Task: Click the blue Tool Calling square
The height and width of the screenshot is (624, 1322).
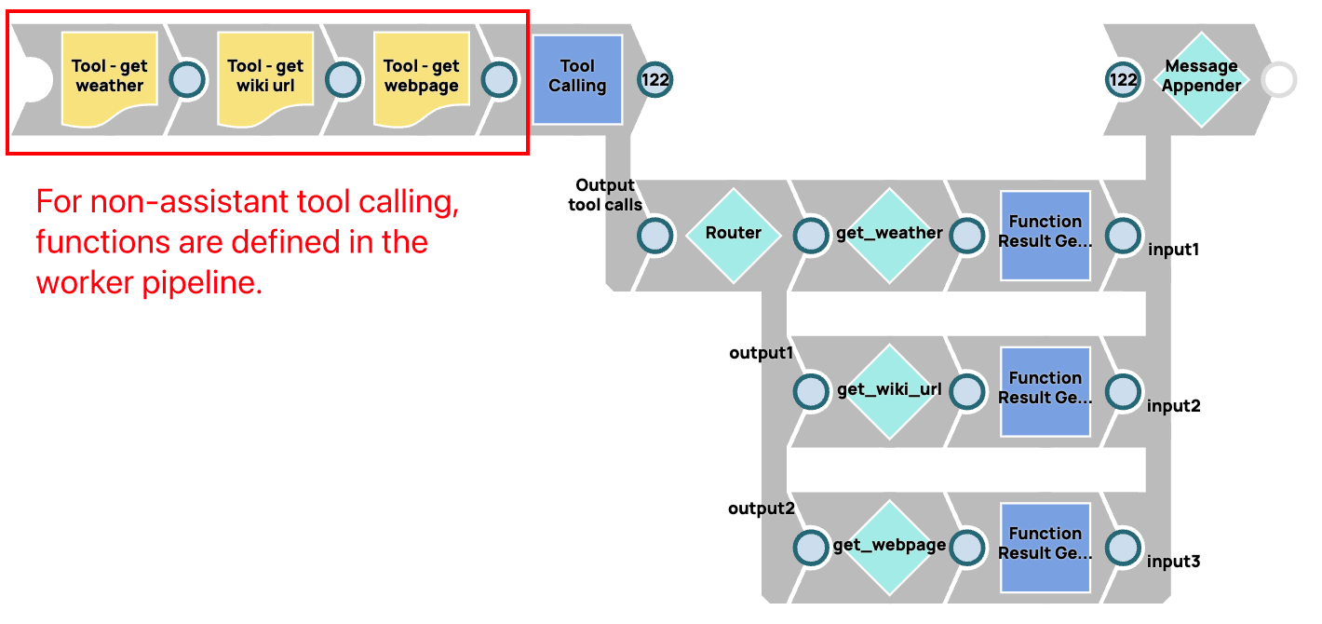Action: [x=577, y=79]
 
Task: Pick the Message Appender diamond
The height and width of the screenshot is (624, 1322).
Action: [x=1202, y=79]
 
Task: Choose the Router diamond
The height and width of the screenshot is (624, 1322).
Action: [x=734, y=235]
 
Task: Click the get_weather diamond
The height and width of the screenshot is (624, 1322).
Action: [x=889, y=235]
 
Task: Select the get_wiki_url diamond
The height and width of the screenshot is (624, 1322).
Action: [x=889, y=391]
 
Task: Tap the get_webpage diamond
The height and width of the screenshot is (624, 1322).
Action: [x=889, y=547]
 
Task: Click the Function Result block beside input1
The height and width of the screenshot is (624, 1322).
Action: [x=1045, y=235]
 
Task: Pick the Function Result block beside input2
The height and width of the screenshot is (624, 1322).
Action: [x=1045, y=391]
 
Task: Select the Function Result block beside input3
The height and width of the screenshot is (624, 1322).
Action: [x=1045, y=547]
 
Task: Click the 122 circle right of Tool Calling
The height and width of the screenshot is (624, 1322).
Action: [x=655, y=80]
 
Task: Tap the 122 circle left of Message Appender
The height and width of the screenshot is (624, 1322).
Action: [x=1123, y=80]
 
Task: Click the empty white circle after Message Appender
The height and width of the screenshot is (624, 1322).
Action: [x=1279, y=80]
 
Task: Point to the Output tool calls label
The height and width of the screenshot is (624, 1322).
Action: [x=605, y=195]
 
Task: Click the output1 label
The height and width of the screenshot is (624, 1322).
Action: [x=762, y=353]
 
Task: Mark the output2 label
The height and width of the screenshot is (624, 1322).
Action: [x=762, y=509]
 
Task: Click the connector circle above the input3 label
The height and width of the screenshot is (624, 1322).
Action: [x=1123, y=547]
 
